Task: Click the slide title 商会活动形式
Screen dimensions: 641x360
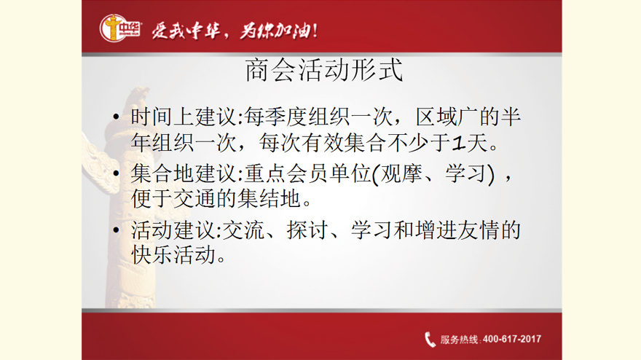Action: (323, 71)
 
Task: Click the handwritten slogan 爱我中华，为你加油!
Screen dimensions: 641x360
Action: (235, 31)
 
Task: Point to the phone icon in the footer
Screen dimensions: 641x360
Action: (430, 339)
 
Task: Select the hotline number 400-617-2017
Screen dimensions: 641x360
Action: (512, 339)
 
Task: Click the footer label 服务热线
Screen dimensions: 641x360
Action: (459, 340)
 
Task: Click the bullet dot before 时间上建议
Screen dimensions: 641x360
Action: (116, 117)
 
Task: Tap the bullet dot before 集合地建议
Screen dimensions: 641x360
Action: (116, 173)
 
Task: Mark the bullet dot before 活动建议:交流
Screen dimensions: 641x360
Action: (116, 230)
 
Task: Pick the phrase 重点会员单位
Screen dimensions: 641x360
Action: (308, 173)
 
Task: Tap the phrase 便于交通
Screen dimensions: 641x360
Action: (173, 199)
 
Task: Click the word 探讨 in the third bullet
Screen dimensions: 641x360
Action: (307, 230)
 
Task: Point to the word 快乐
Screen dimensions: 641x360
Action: (152, 255)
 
